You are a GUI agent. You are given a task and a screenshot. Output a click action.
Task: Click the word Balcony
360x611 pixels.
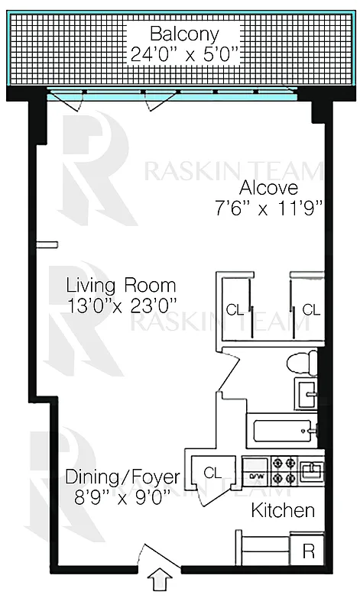[184, 34]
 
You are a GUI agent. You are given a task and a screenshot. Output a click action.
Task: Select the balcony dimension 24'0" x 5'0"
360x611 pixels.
[184, 54]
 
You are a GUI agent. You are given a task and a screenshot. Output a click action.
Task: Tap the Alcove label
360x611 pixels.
[268, 188]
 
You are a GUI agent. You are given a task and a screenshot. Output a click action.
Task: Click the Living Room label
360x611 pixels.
[122, 286]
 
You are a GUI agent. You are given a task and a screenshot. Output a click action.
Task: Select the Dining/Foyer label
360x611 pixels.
[122, 477]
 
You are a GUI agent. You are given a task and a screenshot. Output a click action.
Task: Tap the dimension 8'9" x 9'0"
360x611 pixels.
[122, 496]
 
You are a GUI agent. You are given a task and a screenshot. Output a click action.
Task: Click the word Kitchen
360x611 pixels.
[284, 510]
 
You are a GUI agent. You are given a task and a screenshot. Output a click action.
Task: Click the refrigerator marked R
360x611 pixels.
[308, 549]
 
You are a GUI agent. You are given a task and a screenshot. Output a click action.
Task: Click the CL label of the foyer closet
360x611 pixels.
[213, 474]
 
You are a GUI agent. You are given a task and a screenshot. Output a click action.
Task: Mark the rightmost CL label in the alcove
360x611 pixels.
[310, 309]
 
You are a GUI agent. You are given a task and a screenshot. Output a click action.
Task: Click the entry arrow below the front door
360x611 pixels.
[160, 581]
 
